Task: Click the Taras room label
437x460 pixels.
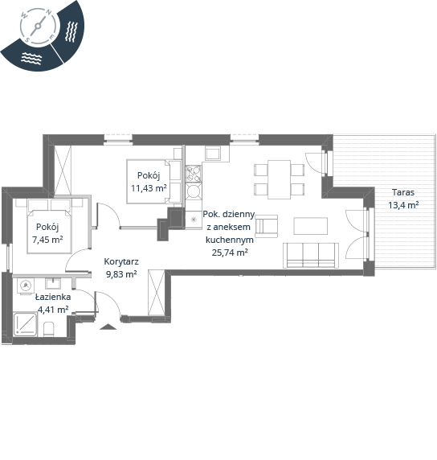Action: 403,192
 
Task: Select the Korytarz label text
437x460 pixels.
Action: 121,261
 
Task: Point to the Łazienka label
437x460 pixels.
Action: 53,297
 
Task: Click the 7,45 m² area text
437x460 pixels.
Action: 47,240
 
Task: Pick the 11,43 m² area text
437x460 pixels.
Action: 149,188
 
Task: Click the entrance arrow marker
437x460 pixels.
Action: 108,327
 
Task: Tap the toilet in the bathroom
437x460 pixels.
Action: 49,330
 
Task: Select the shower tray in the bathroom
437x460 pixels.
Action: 26,324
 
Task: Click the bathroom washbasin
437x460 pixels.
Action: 53,284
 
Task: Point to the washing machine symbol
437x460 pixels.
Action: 26,286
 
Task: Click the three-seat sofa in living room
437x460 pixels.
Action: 311,255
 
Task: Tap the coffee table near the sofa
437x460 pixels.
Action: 310,226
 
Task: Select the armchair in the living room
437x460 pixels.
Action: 266,226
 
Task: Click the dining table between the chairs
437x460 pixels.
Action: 279,179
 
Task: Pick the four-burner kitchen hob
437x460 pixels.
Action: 194,174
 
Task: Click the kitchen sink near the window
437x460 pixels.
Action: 214,154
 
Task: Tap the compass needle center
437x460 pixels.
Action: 38,27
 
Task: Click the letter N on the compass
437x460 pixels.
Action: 49,12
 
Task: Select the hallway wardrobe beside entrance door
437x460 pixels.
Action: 157,293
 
